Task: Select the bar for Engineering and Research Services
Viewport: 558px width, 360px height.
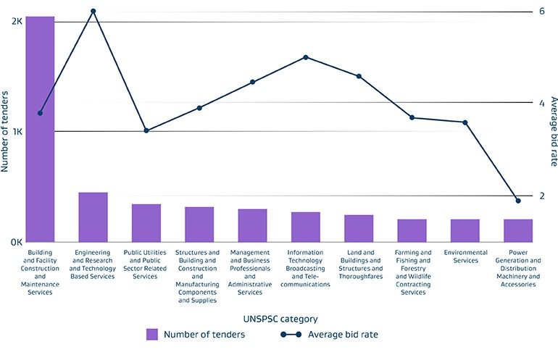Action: click(x=93, y=217)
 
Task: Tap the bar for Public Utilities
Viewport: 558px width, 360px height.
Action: click(x=146, y=223)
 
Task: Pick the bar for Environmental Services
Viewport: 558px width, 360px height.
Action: click(x=465, y=230)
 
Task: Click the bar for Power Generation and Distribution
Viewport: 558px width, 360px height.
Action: click(x=517, y=230)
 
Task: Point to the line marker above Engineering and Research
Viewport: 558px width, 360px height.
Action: click(x=93, y=12)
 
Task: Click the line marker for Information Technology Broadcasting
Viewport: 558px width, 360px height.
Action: click(x=306, y=57)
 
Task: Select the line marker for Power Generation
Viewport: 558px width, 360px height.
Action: click(x=517, y=201)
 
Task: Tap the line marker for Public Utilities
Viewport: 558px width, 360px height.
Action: click(x=146, y=130)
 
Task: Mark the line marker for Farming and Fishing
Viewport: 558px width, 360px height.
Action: click(x=412, y=117)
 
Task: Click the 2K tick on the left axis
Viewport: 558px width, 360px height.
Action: click(x=17, y=22)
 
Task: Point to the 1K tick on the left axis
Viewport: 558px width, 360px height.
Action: click(x=17, y=132)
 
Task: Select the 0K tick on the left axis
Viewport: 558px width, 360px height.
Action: click(x=17, y=242)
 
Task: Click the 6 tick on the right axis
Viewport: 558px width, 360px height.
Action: click(x=541, y=12)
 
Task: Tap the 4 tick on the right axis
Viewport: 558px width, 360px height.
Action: click(x=541, y=103)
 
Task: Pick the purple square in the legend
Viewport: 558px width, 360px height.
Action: click(x=152, y=334)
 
